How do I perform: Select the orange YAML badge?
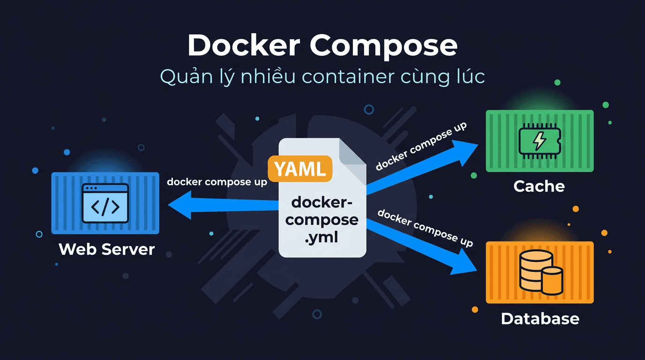(300, 169)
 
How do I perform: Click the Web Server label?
(107, 249)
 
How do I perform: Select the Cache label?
(539, 186)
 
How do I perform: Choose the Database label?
(540, 319)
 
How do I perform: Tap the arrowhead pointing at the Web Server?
(180, 207)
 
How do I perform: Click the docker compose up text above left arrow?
(217, 182)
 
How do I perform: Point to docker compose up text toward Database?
(425, 228)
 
